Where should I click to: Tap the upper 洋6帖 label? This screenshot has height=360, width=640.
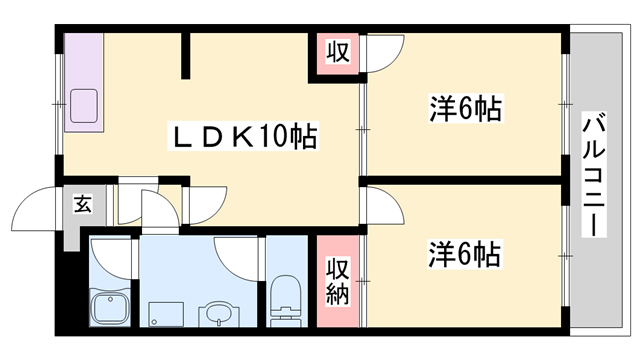pos(466,107)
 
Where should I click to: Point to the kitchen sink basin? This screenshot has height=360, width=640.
pos(81,104)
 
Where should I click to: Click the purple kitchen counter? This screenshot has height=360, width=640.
pos(82,80)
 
